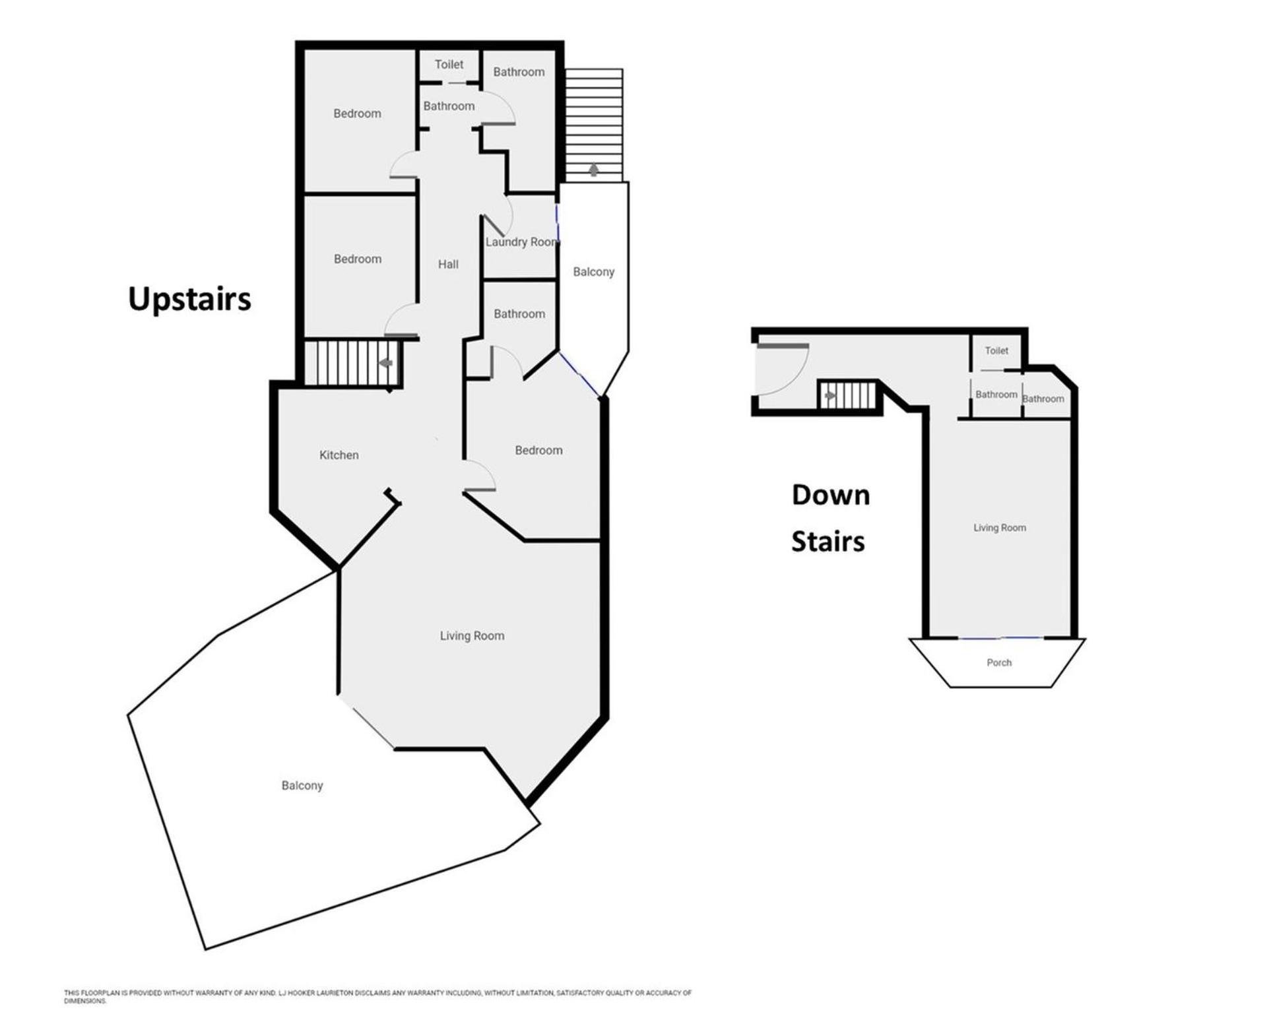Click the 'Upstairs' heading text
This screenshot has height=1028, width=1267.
click(189, 300)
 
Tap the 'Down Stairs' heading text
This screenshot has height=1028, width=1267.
click(829, 519)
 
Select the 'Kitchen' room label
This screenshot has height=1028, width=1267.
click(339, 455)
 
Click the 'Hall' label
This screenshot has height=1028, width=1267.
click(448, 265)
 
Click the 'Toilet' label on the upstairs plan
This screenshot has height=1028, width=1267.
click(449, 65)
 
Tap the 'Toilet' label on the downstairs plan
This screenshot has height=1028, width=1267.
click(996, 351)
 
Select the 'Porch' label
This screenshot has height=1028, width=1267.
click(999, 662)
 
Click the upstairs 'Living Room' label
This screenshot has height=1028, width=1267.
click(472, 636)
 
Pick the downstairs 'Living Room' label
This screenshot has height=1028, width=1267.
click(1000, 528)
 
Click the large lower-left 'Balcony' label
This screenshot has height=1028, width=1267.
click(302, 786)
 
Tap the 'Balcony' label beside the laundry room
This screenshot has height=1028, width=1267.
click(593, 272)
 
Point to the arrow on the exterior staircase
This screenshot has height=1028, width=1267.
click(594, 170)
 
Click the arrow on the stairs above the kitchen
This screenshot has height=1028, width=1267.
click(386, 363)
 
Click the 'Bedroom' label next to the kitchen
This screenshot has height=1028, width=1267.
click(538, 451)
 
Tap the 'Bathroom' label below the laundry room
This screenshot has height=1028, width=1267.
click(519, 314)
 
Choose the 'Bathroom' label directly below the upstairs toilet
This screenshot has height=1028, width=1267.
click(449, 106)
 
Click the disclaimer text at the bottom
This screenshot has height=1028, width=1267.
click(377, 996)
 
